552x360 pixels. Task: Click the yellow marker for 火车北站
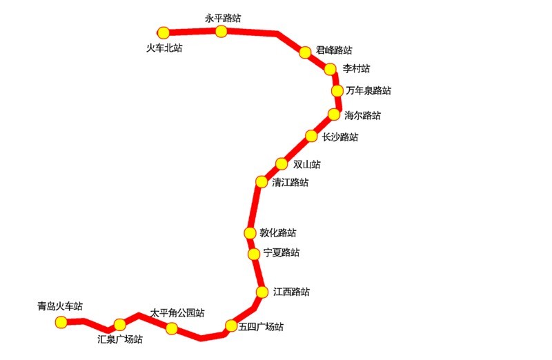[164, 33]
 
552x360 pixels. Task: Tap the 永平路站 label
[223, 19]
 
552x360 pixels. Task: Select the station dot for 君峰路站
[305, 52]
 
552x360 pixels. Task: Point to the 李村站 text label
[356, 68]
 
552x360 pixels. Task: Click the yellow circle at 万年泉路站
[337, 91]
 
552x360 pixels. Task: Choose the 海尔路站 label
[363, 115]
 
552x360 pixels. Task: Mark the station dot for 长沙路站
[311, 136]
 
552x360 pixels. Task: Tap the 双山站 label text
[307, 164]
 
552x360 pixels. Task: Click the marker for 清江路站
[262, 182]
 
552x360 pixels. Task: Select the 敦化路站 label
[278, 232]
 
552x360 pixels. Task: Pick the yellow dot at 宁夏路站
[254, 254]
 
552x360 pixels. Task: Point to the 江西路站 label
[291, 292]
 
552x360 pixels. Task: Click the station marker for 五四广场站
[231, 326]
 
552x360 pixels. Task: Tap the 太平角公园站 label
[177, 313]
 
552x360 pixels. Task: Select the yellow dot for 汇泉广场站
[119, 324]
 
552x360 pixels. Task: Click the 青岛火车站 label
[60, 306]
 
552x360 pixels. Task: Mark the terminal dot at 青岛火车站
[61, 322]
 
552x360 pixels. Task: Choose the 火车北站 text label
[164, 48]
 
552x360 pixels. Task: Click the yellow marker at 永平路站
[221, 31]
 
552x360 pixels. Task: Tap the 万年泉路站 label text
[368, 90]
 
